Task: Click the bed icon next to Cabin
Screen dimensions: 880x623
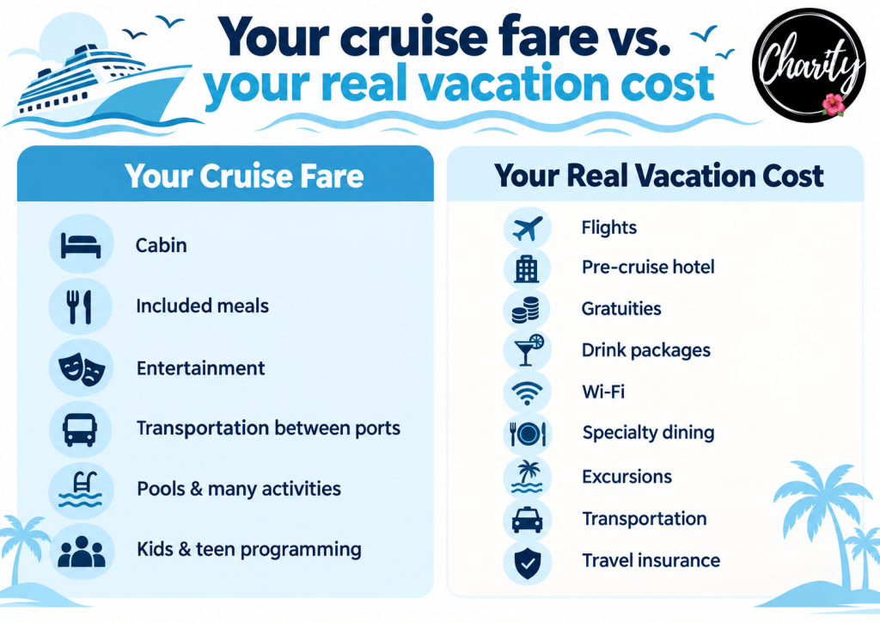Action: tap(81, 245)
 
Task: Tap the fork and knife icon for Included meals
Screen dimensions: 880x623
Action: tap(80, 306)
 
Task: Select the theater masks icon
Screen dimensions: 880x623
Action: tap(82, 368)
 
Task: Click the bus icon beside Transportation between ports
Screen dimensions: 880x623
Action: tap(80, 429)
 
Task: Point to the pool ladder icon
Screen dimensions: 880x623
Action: tap(81, 490)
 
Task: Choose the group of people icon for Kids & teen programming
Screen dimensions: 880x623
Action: tap(82, 551)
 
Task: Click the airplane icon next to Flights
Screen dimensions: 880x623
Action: tap(528, 228)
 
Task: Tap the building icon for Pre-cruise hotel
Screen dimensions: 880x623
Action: tap(527, 268)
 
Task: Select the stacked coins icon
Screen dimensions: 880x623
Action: tap(526, 310)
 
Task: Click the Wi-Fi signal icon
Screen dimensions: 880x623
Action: tap(527, 392)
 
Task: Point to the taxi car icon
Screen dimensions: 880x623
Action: tap(528, 521)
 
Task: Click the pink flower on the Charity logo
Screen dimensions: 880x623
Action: tap(834, 104)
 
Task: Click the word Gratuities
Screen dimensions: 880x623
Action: tap(621, 309)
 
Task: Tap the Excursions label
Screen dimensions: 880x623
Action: tap(626, 477)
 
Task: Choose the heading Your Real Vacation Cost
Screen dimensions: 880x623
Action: tap(659, 176)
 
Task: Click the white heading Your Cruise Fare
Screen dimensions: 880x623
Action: tap(244, 176)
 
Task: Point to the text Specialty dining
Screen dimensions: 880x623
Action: tap(648, 433)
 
